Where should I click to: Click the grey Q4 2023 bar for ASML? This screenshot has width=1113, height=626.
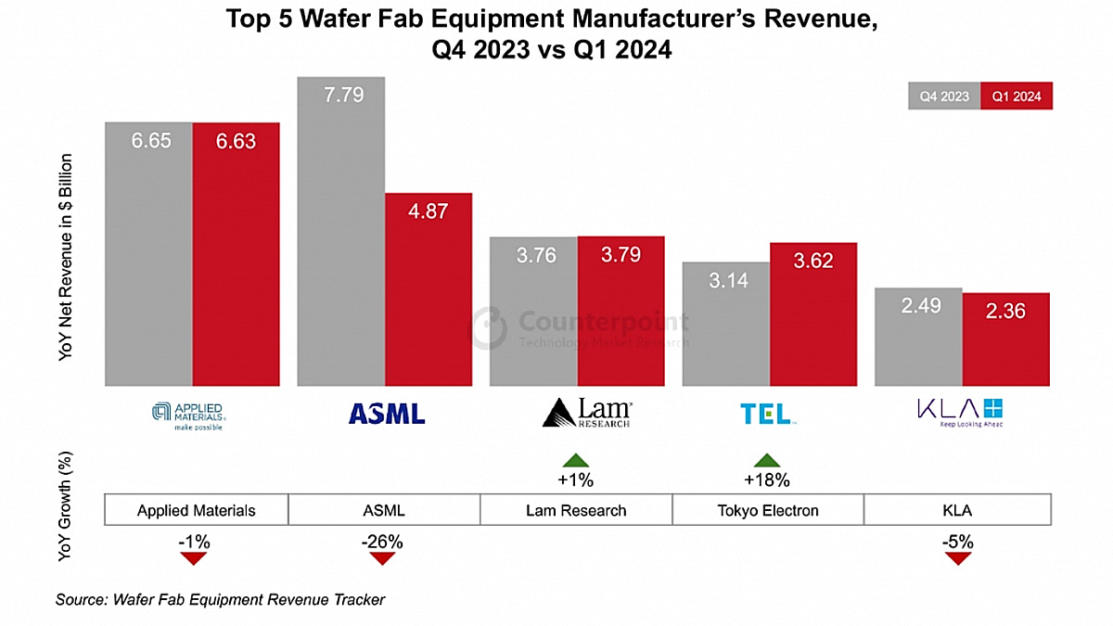(340, 232)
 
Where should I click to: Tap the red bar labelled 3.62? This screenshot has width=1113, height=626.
(813, 314)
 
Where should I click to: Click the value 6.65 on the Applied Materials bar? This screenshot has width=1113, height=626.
(150, 142)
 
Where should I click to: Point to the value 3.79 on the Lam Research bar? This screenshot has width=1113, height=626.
(620, 254)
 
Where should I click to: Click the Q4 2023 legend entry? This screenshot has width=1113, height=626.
(944, 96)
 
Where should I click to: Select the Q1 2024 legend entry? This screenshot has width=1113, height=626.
(1017, 96)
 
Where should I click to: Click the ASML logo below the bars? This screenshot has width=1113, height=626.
(387, 413)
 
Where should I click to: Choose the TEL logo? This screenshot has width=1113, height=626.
(766, 413)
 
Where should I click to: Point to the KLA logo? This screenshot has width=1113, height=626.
(959, 412)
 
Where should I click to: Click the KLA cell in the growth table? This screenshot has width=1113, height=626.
(957, 510)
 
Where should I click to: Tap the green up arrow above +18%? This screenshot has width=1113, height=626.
(766, 460)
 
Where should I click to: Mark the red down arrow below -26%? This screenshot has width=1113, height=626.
(383, 558)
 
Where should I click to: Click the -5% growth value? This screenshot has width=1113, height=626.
(957, 541)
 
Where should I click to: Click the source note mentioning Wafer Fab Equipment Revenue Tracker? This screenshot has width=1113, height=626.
(220, 599)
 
